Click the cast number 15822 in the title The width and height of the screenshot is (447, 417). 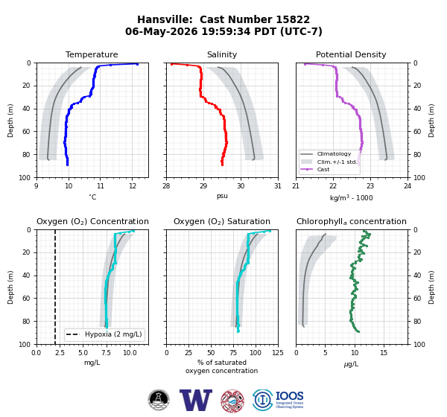pyautogui.click(x=293, y=19)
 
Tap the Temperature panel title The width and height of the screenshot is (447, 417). pyautogui.click(x=92, y=54)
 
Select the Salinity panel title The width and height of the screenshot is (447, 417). pyautogui.click(x=222, y=54)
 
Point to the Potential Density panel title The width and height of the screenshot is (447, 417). pyautogui.click(x=351, y=54)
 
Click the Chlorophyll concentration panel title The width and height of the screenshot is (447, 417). pyautogui.click(x=351, y=221)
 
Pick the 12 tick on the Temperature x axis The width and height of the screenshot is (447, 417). pyautogui.click(x=132, y=186)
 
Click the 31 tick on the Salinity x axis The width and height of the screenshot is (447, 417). pyautogui.click(x=278, y=186)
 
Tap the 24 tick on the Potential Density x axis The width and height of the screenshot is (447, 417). pyautogui.click(x=408, y=186)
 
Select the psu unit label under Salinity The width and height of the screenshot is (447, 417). pyautogui.click(x=222, y=196)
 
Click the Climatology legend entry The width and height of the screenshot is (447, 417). pyautogui.click(x=334, y=154)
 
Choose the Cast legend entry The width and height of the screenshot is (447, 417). pyautogui.click(x=323, y=169)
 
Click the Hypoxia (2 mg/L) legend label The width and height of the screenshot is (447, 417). pyautogui.click(x=113, y=334)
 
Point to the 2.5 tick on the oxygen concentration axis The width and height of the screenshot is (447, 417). pyautogui.click(x=60, y=353)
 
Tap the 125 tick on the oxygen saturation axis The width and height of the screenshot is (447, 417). pyautogui.click(x=278, y=353)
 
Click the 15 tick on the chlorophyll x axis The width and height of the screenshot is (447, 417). pyautogui.click(x=384, y=353)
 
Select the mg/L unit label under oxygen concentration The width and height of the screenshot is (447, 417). pyautogui.click(x=92, y=363)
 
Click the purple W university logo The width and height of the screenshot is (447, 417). pyautogui.click(x=196, y=400)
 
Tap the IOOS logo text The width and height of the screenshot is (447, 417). pyautogui.click(x=289, y=396)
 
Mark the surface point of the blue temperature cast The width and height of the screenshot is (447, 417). pyautogui.click(x=137, y=64)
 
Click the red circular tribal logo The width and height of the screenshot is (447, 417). pyautogui.click(x=232, y=401)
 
